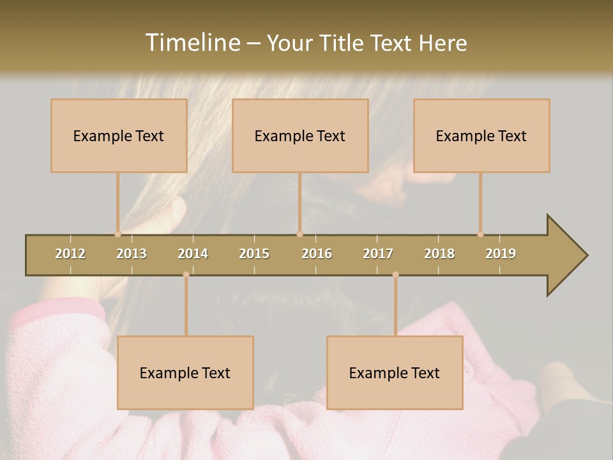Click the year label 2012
pos(70,254)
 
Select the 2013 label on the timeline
pos(132,254)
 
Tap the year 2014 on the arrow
pos(193,254)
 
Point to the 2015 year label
pos(254,254)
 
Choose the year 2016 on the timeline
pos(317,254)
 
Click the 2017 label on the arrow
pos(378,254)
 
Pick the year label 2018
pos(439,254)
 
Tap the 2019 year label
pos(501,254)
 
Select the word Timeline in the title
pos(192,43)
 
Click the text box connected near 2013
pos(119,135)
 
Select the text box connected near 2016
pos(300,135)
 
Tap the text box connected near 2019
pos(481,135)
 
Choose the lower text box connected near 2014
pos(185,372)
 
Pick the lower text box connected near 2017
pos(395,372)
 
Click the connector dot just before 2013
pos(117,234)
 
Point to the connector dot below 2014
pos(186,275)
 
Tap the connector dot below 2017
pos(395,275)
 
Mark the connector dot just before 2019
pos(480,234)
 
